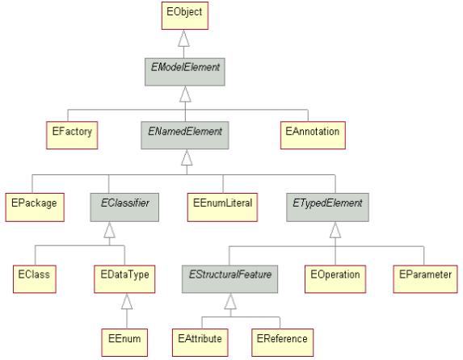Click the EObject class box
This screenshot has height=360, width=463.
point(185,15)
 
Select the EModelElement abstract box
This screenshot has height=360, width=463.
point(185,72)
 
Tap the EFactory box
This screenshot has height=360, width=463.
point(72,135)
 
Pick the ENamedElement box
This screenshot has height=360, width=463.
point(185,135)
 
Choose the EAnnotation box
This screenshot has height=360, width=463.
point(313,135)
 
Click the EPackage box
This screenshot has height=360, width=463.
point(35,207)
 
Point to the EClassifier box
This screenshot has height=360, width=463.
point(124,207)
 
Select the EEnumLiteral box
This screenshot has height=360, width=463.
point(223,207)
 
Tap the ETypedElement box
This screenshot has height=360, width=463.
point(328,207)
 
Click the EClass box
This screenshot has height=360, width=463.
point(35,279)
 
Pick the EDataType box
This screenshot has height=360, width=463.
point(124,279)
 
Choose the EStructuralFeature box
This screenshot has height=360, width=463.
point(229,279)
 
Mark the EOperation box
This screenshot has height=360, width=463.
point(335,279)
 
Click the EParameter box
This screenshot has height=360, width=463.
point(426,279)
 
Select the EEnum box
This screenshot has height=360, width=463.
point(124,342)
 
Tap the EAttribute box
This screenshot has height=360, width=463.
point(200,342)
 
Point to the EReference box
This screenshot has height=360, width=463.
point(283,342)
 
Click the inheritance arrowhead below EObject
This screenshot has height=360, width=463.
point(183,39)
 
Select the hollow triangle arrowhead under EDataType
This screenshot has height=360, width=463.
point(127,302)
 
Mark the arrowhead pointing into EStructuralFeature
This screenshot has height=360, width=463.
point(230,302)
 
